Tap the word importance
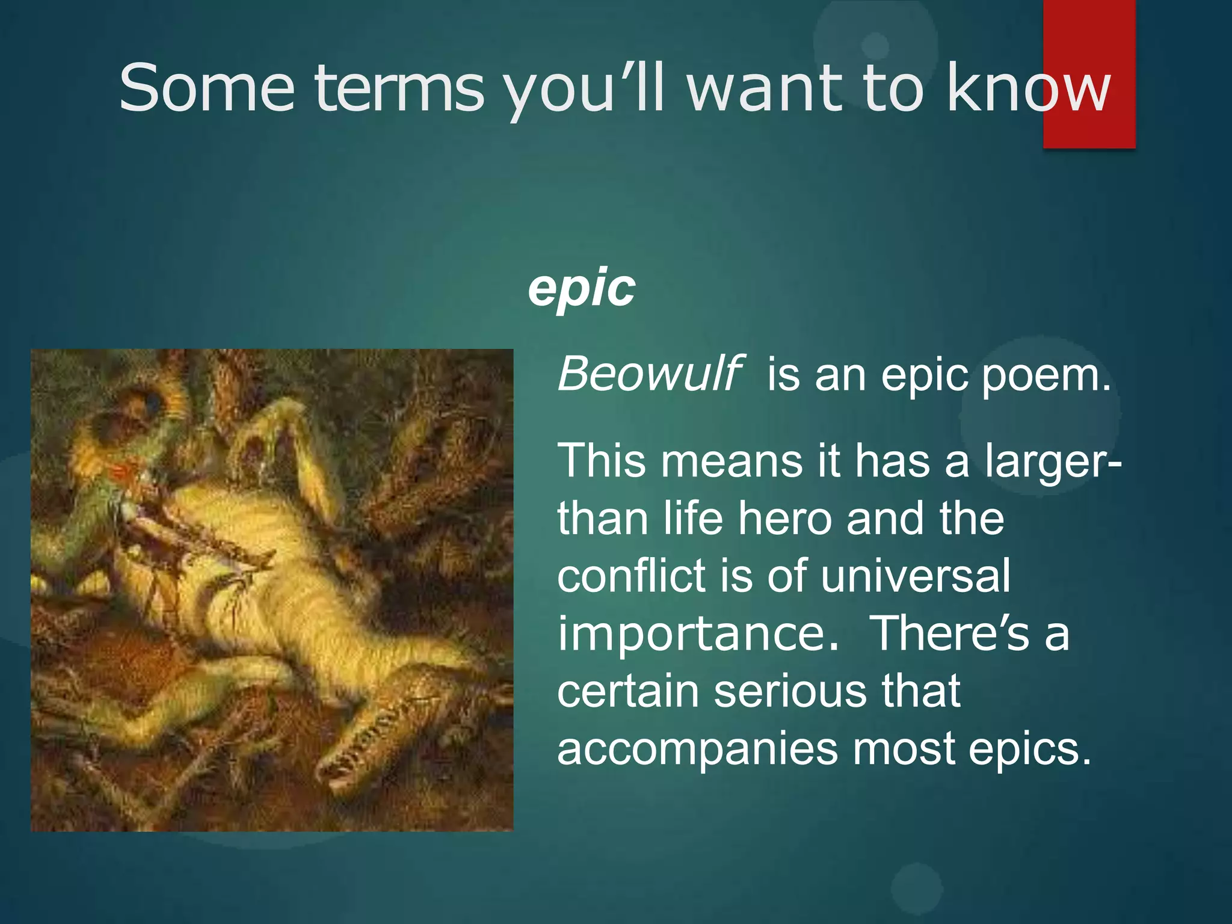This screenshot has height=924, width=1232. pyautogui.click(x=698, y=634)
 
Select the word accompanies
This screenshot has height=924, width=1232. pyautogui.click(x=697, y=749)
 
